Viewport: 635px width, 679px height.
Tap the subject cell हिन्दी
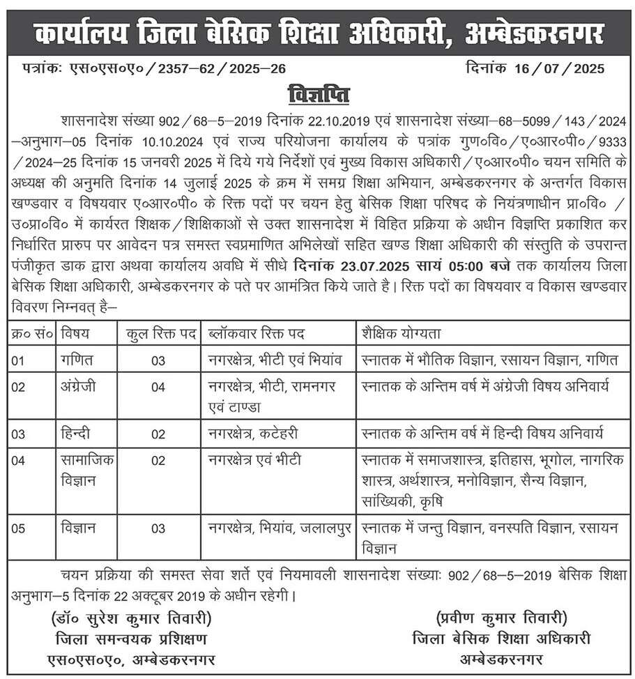[x=75, y=434]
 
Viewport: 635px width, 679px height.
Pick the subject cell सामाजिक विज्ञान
[x=87, y=471]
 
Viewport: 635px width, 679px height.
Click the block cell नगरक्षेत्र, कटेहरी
[x=253, y=434]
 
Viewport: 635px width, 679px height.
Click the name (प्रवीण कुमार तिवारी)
[x=501, y=618]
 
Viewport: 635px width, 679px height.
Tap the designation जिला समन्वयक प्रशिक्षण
[x=132, y=639]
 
